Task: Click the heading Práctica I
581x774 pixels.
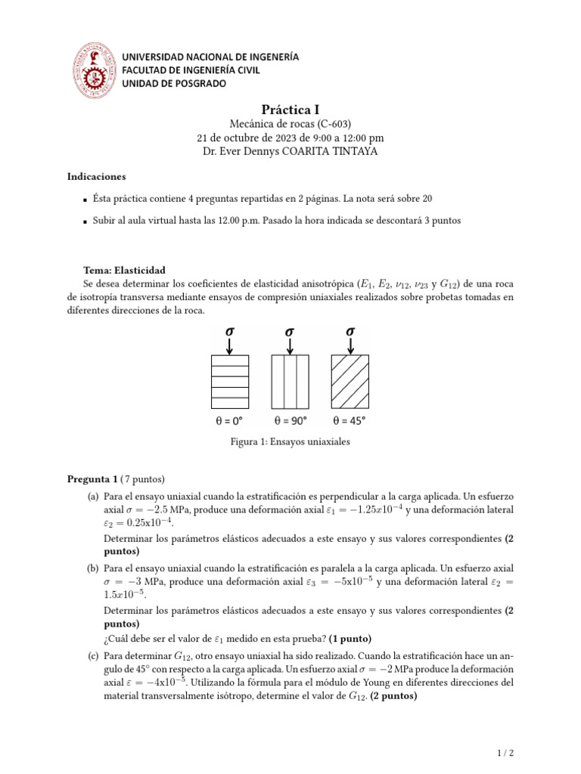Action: (290, 110)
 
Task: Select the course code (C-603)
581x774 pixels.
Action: (334, 124)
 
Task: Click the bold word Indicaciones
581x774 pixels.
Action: (96, 176)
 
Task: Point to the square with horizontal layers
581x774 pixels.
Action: (228, 381)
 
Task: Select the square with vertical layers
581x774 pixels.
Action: (290, 381)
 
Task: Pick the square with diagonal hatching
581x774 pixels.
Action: (350, 381)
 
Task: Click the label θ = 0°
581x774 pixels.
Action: (228, 420)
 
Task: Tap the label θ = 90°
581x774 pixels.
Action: (290, 420)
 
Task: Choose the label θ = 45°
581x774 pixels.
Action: (350, 420)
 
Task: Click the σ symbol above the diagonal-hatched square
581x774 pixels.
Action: (350, 330)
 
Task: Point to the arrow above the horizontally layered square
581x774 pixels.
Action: (228, 345)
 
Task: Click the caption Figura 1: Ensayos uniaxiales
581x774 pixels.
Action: (290, 441)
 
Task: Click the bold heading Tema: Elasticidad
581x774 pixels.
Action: (124, 270)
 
